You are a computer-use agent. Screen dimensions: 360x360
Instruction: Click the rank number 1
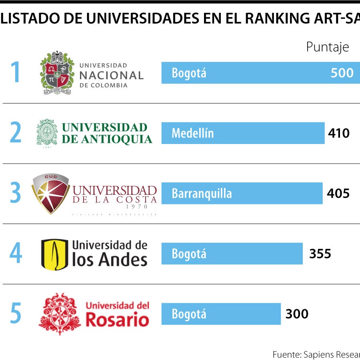[x=15, y=72]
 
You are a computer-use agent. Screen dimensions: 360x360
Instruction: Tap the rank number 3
[x=15, y=193]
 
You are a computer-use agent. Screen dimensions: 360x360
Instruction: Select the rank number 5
[x=15, y=314]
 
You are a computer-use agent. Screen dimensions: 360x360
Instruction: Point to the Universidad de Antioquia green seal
[x=47, y=133]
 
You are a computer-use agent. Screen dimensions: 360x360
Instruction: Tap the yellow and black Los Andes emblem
[x=54, y=254]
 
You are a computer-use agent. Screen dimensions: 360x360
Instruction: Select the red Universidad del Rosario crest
[x=60, y=314]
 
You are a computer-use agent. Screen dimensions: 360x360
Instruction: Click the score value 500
[x=342, y=73]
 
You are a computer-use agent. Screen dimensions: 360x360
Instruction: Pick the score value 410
[x=338, y=133]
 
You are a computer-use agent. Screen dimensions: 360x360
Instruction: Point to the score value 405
[x=338, y=193]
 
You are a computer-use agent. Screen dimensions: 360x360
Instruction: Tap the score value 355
[x=320, y=254]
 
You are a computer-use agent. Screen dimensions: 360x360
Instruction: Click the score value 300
[x=297, y=314]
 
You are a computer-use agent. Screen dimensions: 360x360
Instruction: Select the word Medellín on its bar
[x=192, y=133]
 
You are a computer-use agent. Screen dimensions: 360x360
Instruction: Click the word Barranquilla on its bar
[x=202, y=194]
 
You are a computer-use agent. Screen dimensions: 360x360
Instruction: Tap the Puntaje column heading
[x=327, y=47]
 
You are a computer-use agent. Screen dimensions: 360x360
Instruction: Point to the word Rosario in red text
[x=117, y=320]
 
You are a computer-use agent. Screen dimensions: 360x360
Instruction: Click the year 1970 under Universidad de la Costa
[x=136, y=207]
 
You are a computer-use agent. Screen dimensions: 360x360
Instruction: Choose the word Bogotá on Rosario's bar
[x=189, y=314]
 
